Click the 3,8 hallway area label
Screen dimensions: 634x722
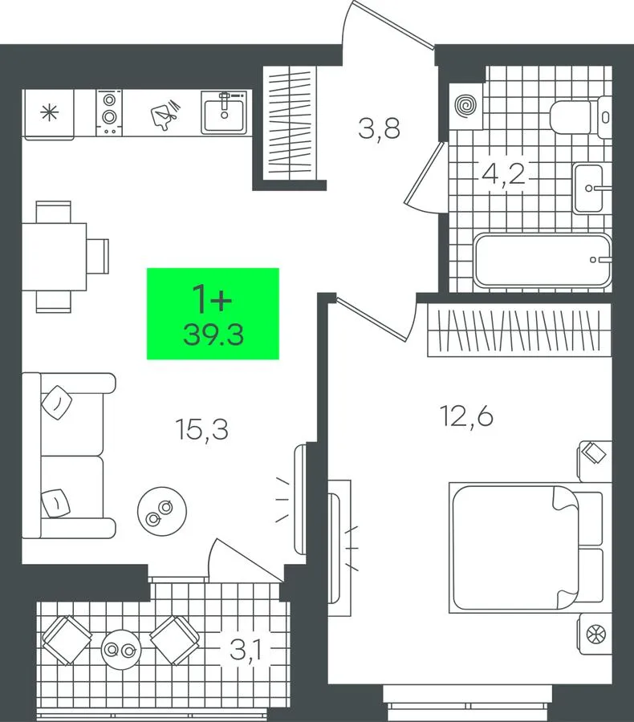(x=379, y=129)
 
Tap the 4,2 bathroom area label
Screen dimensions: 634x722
(x=503, y=173)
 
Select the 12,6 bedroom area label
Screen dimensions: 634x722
(x=467, y=416)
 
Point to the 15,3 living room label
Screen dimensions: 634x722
(x=201, y=429)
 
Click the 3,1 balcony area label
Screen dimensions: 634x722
(x=246, y=650)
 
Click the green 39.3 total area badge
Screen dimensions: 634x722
(x=213, y=314)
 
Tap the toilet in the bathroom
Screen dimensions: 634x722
(x=580, y=117)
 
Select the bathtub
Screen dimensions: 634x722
(x=543, y=260)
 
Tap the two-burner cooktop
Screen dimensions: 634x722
(x=109, y=113)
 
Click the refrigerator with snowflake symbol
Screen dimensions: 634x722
(x=49, y=114)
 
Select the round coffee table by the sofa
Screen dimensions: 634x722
(x=162, y=511)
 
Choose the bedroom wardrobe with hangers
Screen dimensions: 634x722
(x=519, y=330)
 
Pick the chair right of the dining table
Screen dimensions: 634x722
(x=98, y=256)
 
